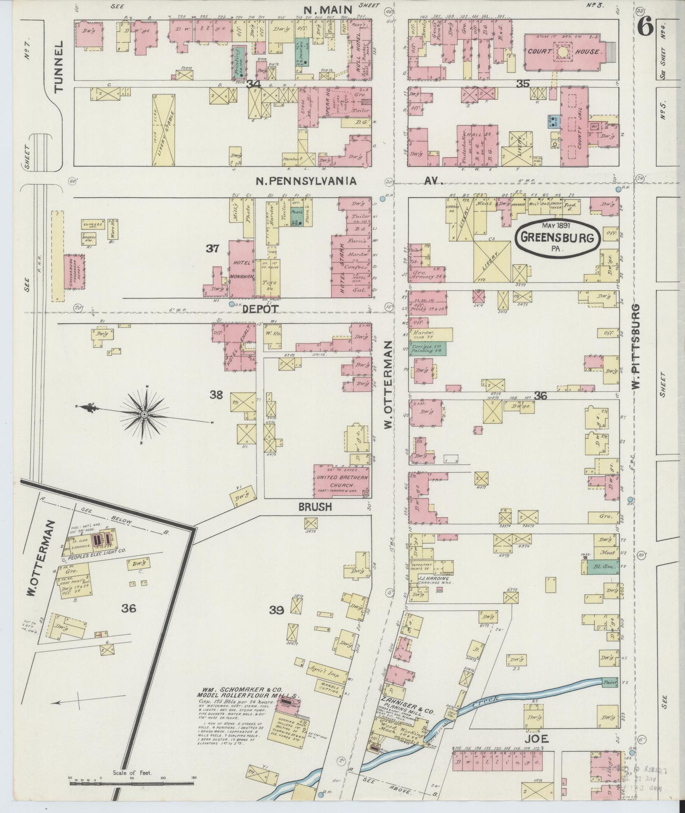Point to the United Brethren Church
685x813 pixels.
341,480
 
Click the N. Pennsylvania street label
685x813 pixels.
306,181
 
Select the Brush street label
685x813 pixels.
314,507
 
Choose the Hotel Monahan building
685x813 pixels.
242,269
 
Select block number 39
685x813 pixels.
276,610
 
